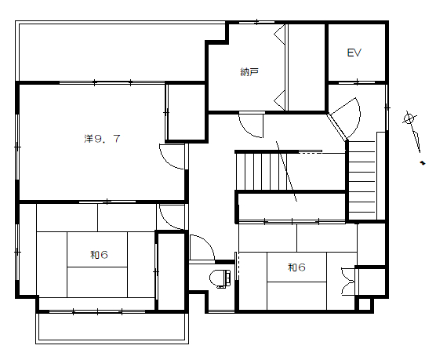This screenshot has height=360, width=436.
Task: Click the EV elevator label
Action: click(354, 53)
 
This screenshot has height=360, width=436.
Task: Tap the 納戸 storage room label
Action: click(249, 72)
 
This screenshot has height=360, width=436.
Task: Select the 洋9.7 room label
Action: click(102, 138)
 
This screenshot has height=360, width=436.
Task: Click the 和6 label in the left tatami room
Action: click(99, 255)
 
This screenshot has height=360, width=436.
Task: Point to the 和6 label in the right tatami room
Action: click(296, 267)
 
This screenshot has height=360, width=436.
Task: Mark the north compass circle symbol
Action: click(409, 119)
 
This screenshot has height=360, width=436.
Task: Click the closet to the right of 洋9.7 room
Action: click(187, 112)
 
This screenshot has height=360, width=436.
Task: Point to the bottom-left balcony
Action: click(112, 327)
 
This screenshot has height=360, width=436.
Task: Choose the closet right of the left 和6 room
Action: click(171, 271)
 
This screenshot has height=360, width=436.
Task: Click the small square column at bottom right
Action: click(365, 304)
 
